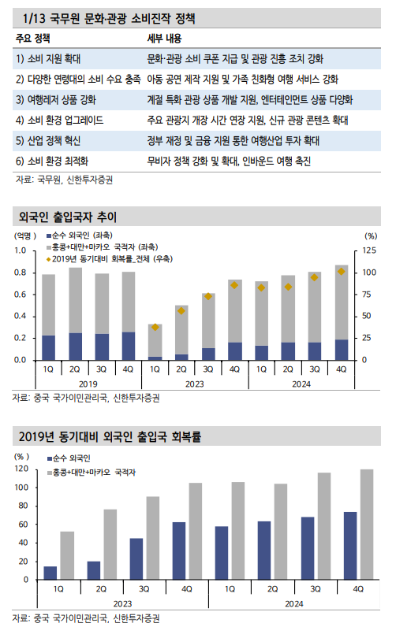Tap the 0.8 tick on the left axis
(21, 273)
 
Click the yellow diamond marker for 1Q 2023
(155, 327)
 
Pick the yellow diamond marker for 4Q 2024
(342, 272)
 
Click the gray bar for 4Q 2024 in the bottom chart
(366, 525)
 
